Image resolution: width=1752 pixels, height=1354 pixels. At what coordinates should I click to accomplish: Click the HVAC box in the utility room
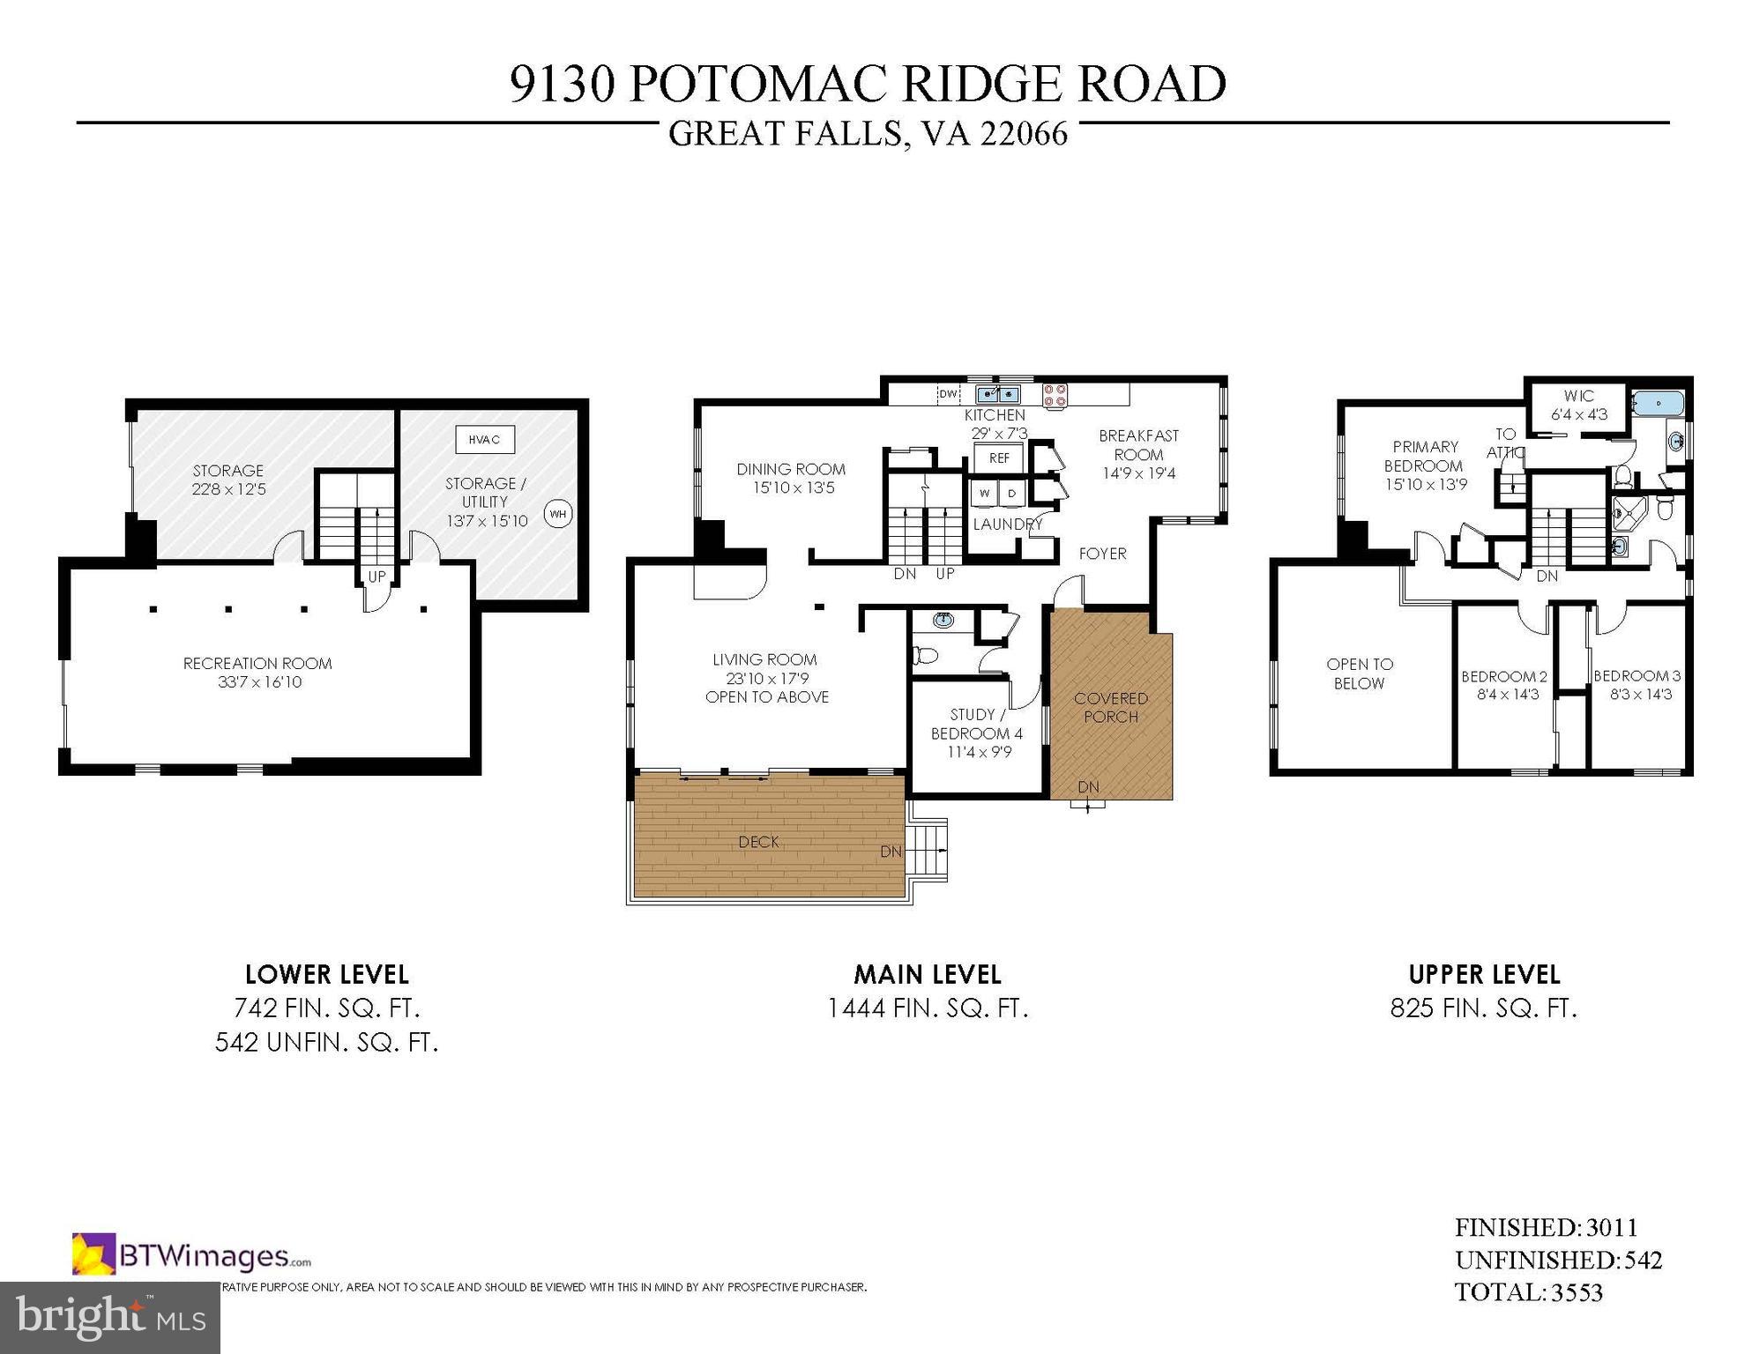point(484,439)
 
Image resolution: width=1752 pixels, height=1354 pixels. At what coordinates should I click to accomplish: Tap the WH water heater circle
point(557,514)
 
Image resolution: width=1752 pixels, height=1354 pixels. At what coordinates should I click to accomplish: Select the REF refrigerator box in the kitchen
point(998,458)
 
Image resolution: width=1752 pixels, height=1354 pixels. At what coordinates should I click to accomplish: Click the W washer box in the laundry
point(985,494)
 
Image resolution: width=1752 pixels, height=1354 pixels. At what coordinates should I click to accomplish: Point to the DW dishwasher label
point(949,394)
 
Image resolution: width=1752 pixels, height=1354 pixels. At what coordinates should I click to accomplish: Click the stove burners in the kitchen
point(1055,395)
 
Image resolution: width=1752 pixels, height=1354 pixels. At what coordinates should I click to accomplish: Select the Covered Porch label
point(1110,707)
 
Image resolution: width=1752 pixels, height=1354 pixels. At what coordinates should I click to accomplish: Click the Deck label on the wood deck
point(758,842)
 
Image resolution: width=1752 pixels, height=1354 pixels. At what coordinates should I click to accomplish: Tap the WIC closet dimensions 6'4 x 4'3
point(1579,413)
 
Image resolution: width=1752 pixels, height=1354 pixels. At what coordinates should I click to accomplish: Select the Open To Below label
point(1359,673)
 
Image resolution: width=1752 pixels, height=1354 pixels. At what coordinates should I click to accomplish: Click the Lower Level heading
point(327,974)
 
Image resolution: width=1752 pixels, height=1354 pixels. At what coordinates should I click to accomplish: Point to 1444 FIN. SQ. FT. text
point(928,1008)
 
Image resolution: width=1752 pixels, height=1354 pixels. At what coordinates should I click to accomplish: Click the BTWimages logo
point(191,1255)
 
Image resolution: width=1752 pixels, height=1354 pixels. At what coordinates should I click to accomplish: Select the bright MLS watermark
point(109,1317)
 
